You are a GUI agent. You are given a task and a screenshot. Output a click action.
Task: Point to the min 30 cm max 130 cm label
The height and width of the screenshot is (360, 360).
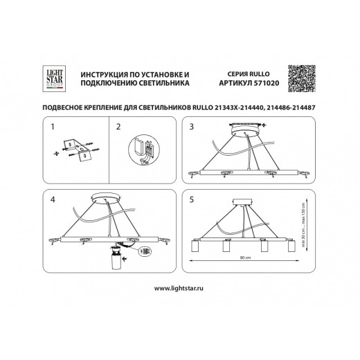305,221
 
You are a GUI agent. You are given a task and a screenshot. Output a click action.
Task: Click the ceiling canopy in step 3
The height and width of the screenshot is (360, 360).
244,128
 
